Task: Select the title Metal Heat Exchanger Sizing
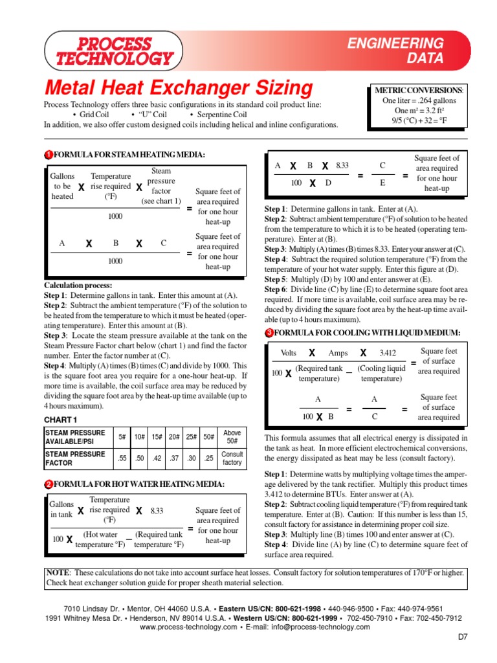point(178,88)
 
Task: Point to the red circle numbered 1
point(48,155)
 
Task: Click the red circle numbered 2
point(48,484)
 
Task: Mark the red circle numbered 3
point(269,333)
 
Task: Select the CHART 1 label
point(61,420)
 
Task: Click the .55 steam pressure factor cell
point(122,459)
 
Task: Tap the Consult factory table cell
point(232,459)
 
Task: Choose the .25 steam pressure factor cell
point(207,459)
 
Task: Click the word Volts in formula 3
point(288,353)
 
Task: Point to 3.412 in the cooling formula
point(387,353)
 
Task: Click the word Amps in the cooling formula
point(338,353)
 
